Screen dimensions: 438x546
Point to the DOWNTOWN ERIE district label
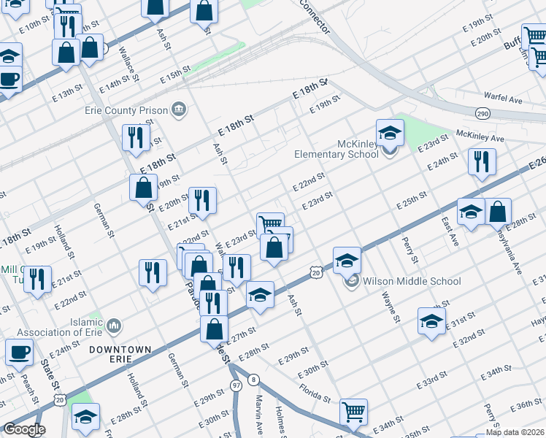pyautogui.click(x=120, y=355)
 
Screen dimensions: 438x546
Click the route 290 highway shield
pyautogui.click(x=482, y=114)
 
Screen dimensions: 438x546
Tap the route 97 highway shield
pyautogui.click(x=235, y=385)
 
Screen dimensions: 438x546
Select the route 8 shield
pyautogui.click(x=253, y=380)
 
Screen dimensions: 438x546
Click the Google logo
pyautogui.click(x=23, y=429)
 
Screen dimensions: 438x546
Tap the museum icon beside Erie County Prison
pyautogui.click(x=178, y=110)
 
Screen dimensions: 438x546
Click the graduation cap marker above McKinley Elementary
pyautogui.click(x=390, y=133)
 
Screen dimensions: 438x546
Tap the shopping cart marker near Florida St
pyautogui.click(x=353, y=412)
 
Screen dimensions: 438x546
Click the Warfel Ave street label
pyautogui.click(x=504, y=97)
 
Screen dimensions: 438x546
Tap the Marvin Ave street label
pyautogui.click(x=260, y=412)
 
